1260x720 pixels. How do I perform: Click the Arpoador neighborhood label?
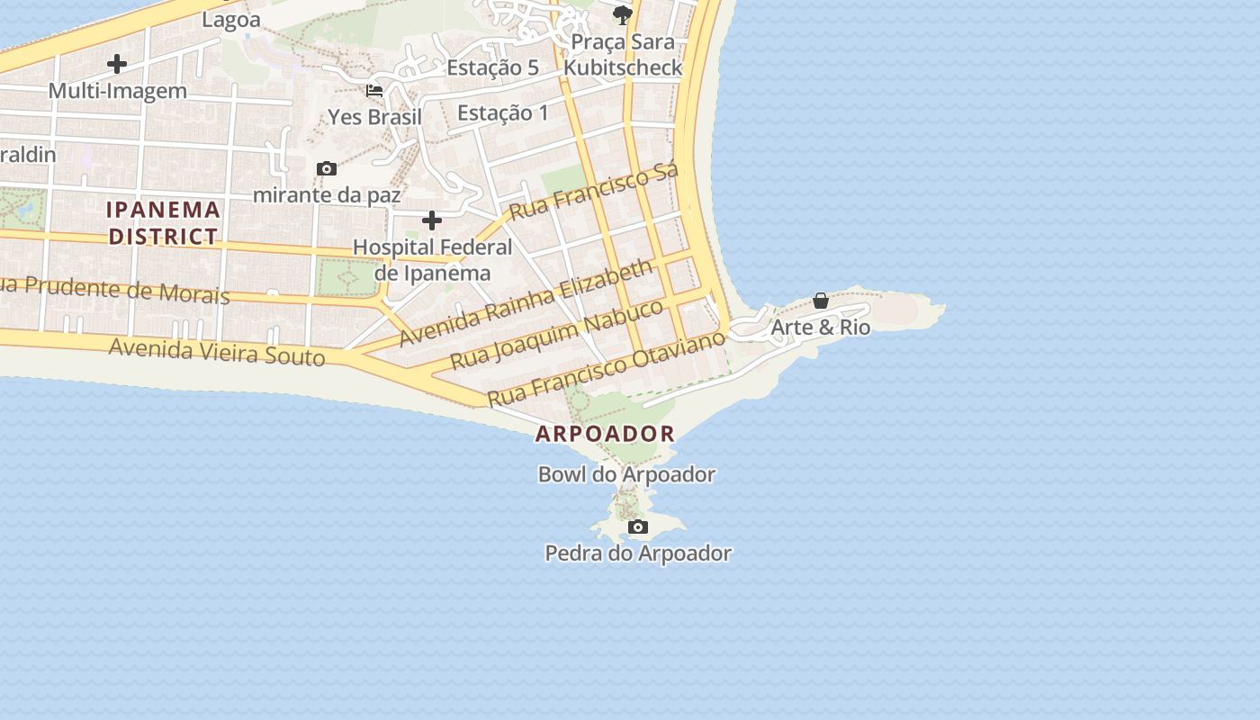pos(605,434)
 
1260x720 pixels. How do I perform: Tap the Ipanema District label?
pos(163,223)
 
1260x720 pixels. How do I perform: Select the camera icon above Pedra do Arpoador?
pos(638,526)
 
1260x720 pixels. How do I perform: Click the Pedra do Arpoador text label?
pos(638,553)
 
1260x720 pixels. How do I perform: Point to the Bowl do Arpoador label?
pos(626,474)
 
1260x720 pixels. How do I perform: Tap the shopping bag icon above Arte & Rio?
pos(821,301)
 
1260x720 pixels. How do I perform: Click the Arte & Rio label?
pos(821,327)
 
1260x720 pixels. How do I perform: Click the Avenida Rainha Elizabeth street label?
pos(526,302)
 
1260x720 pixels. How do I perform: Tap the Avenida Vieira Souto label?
pos(216,351)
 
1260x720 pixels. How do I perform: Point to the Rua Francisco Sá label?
pos(592,192)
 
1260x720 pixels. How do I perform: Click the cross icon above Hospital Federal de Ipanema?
pos(432,220)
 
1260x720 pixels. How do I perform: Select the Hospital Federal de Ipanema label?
pos(432,260)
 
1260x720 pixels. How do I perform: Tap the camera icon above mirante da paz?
pos(327,168)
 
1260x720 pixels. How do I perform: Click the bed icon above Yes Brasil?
pos(374,91)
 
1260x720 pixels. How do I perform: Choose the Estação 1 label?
pos(502,113)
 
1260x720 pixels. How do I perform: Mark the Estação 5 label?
pos(492,67)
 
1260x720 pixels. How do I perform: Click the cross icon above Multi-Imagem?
pos(117,64)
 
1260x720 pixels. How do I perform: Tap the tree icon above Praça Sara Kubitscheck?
pos(622,14)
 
